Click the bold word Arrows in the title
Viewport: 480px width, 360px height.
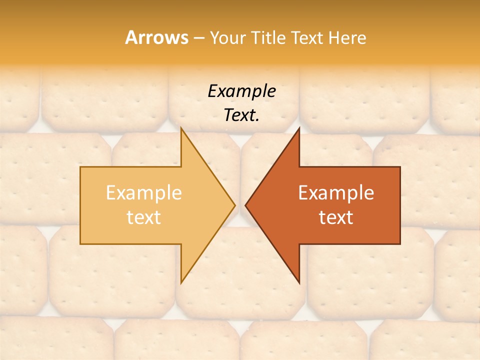[x=156, y=37]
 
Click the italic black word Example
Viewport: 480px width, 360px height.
[x=241, y=91]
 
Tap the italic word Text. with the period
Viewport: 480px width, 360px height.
[x=241, y=115]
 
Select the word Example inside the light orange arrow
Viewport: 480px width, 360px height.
[x=143, y=192]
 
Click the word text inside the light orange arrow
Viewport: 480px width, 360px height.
[x=143, y=217]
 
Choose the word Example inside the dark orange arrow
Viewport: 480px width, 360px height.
[x=336, y=192]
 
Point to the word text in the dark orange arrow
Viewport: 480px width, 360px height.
[x=336, y=217]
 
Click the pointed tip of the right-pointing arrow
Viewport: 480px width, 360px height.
[x=235, y=205]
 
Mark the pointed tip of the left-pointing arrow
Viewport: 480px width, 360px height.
[x=245, y=205]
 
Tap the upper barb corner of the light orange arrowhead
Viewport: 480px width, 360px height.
[x=181, y=127]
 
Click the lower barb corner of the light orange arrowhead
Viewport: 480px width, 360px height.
[x=181, y=283]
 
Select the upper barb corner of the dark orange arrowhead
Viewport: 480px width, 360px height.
[x=299, y=127]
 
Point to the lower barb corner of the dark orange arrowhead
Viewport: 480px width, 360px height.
[x=299, y=283]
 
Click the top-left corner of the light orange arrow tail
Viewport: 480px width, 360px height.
[x=80, y=167]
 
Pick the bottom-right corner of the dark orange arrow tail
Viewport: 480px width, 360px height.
[x=400, y=244]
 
